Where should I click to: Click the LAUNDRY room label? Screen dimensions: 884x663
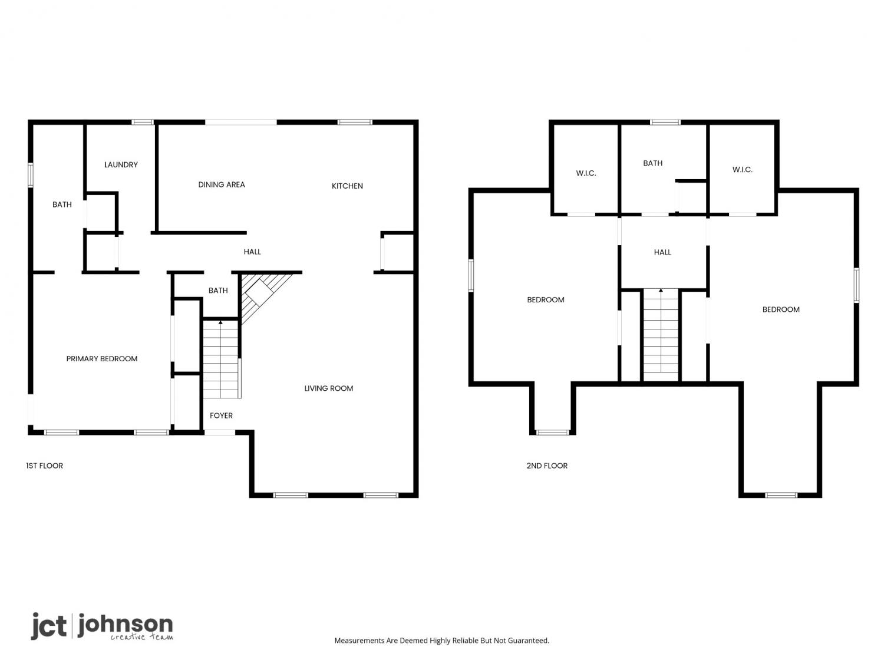(x=121, y=164)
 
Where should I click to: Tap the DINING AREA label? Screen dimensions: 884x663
(x=222, y=185)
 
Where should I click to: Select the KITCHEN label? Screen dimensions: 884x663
(x=347, y=186)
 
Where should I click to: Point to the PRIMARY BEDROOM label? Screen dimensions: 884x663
(x=102, y=359)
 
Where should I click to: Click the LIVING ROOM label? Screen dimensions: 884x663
(x=329, y=388)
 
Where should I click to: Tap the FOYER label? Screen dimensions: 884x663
(x=221, y=415)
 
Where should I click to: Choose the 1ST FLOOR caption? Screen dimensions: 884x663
(x=45, y=466)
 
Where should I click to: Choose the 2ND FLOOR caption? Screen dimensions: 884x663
(x=547, y=466)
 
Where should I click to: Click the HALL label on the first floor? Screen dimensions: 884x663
(x=252, y=252)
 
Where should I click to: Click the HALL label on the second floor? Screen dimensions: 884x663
(x=662, y=252)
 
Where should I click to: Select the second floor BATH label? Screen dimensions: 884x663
(x=653, y=163)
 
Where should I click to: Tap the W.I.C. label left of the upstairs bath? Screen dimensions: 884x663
(x=586, y=173)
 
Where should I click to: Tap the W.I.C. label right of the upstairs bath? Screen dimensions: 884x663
(x=742, y=170)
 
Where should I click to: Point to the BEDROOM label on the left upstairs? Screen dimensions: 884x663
(x=546, y=300)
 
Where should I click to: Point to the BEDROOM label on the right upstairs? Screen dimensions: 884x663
(x=781, y=309)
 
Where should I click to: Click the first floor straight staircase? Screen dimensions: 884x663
(x=221, y=359)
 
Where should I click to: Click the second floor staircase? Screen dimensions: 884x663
(x=661, y=335)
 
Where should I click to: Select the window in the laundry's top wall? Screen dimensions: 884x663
(x=143, y=123)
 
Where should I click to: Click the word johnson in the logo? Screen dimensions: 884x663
(x=126, y=625)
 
